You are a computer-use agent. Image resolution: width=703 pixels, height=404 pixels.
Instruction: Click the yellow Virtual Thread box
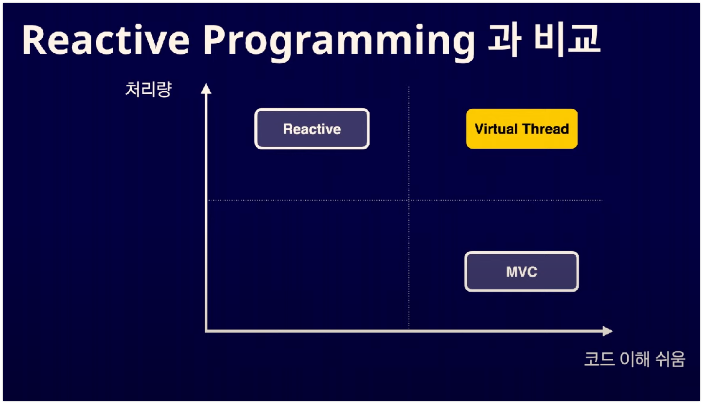(x=522, y=129)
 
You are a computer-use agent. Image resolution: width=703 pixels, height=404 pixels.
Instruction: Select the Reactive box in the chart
(x=312, y=129)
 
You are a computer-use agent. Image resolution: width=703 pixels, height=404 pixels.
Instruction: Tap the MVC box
(x=522, y=271)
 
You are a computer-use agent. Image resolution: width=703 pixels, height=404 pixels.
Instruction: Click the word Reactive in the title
(x=105, y=40)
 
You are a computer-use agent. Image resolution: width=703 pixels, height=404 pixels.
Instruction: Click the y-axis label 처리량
(x=148, y=89)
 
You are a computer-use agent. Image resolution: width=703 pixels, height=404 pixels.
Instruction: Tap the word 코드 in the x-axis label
(x=599, y=359)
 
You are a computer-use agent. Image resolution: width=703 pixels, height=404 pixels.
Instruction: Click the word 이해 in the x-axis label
(x=635, y=359)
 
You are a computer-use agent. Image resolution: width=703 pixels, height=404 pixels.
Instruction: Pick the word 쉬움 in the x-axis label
(x=670, y=359)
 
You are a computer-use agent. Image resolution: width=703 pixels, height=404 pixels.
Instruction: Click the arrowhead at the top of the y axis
(x=206, y=89)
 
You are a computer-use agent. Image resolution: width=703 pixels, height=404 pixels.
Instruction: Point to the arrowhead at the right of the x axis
(x=608, y=331)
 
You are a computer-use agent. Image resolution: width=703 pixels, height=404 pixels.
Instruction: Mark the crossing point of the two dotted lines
(x=409, y=200)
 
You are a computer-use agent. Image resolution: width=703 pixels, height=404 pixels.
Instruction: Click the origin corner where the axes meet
(x=206, y=331)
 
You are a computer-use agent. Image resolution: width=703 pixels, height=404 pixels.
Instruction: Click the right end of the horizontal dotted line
(x=602, y=200)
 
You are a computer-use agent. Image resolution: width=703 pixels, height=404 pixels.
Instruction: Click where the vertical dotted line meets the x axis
(x=409, y=330)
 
